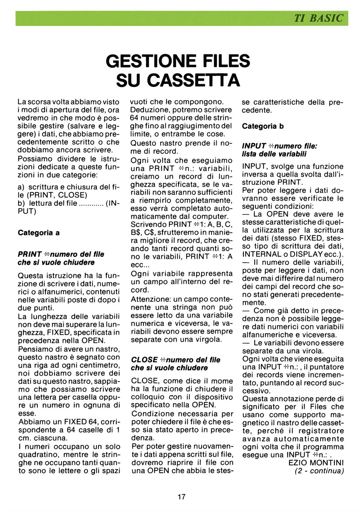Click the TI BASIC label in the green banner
(319, 18)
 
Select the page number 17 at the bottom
(181, 497)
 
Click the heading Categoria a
(38, 233)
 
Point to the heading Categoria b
(263, 126)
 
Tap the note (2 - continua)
(319, 471)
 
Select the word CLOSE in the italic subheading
(144, 360)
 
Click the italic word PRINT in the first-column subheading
(30, 254)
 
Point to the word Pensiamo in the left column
(35, 349)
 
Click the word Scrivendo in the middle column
(149, 224)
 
